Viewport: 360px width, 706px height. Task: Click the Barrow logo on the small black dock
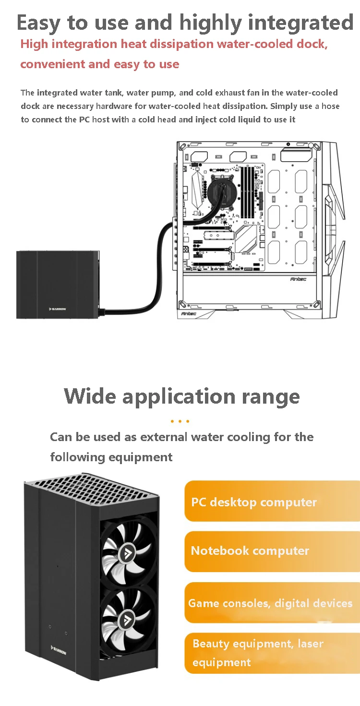click(58, 309)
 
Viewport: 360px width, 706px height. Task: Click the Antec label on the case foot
click(189, 314)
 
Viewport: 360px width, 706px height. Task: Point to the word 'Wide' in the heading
click(90, 396)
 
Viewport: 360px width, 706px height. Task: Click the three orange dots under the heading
click(180, 421)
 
